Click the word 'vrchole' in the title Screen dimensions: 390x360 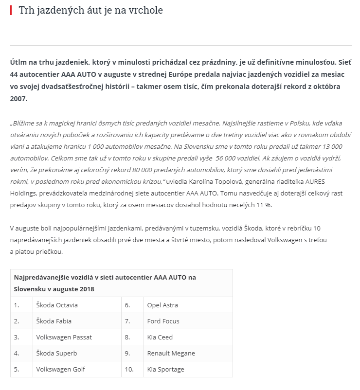146,10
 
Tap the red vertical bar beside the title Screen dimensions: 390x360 11,10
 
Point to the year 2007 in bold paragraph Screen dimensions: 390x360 18,98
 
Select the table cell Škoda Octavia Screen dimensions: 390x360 57,305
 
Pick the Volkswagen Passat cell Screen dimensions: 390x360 64,337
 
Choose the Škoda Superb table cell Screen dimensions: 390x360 56,353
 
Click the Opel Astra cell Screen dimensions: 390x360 162,305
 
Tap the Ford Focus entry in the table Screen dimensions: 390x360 163,321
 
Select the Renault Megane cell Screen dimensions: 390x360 171,353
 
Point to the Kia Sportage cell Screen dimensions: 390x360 165,369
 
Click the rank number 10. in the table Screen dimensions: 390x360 129,369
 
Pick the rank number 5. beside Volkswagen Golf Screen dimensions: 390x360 17,369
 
